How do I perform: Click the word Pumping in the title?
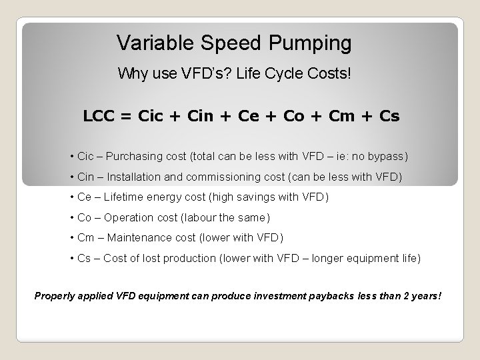tap(311, 44)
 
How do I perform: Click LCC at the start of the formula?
tap(99, 116)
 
